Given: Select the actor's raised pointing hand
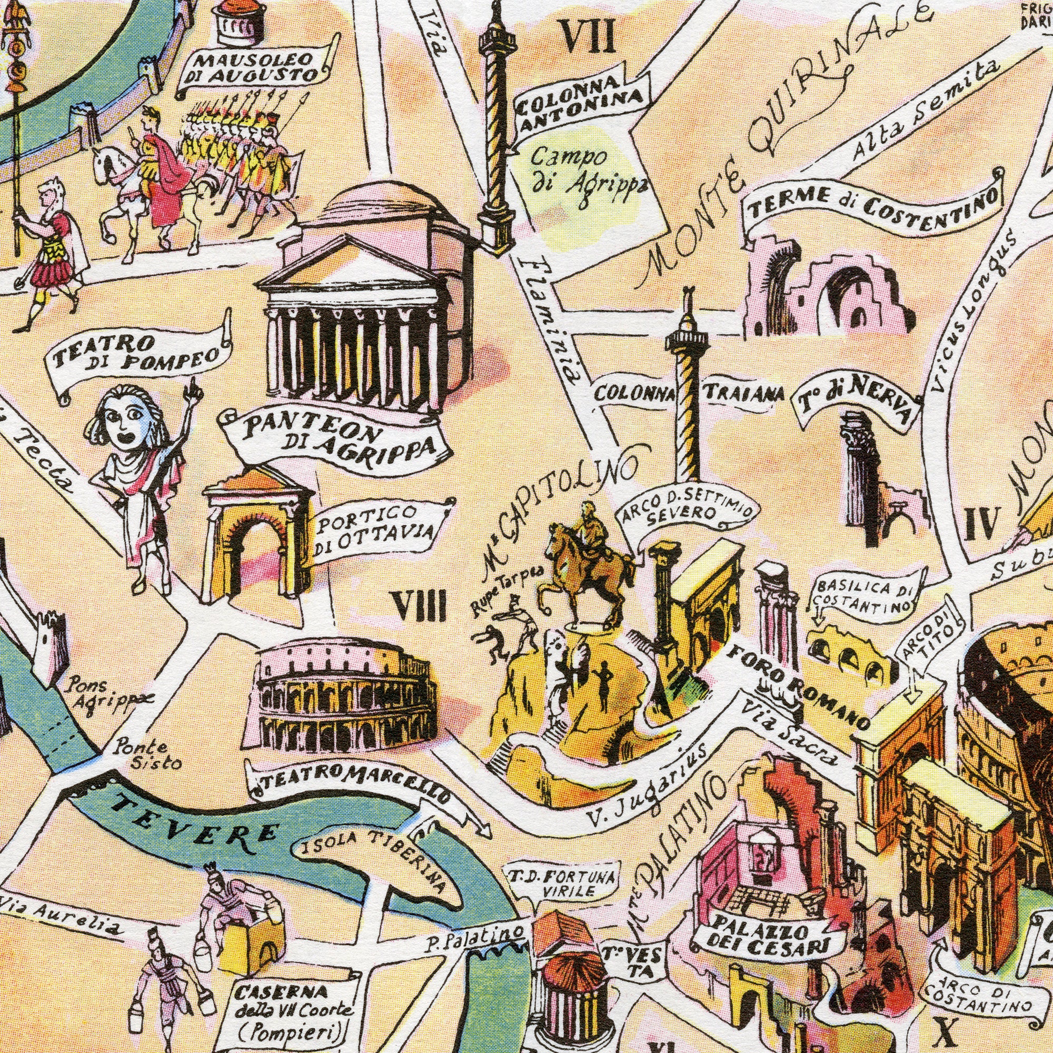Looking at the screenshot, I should pyautogui.click(x=192, y=390).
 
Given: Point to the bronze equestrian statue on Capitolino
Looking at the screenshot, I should pyautogui.click(x=589, y=561).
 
